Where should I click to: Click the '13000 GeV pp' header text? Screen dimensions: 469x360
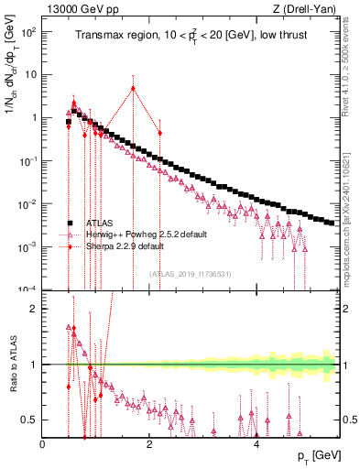[75, 8]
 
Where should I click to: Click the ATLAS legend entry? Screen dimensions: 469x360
[102, 223]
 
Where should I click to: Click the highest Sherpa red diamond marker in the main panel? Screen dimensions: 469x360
[134, 89]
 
